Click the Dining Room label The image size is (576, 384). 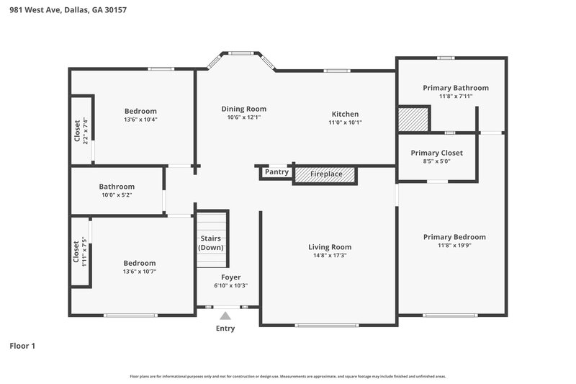pos(243,109)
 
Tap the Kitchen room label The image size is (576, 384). pos(344,114)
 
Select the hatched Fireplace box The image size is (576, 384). pos(325,174)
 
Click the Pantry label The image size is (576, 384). pos(276,172)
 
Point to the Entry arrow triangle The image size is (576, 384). pos(225,315)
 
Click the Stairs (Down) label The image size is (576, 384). pos(211,242)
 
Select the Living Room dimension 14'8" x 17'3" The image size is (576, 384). pos(328,256)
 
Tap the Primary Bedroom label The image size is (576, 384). pos(454,237)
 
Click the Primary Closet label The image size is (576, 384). pos(436,153)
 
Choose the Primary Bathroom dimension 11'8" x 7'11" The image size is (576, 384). pos(455,96)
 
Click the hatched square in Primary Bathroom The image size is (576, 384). pos(413,119)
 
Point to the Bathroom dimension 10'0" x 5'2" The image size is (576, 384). pos(117,195)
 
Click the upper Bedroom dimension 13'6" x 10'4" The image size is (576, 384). pos(140,120)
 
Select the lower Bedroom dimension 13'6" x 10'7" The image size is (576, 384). pos(139,272)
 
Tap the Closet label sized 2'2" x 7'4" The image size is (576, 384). pos(78,130)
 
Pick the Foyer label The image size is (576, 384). pos(230,277)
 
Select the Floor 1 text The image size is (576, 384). pos(22,346)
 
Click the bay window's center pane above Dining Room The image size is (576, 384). pos(240,53)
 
